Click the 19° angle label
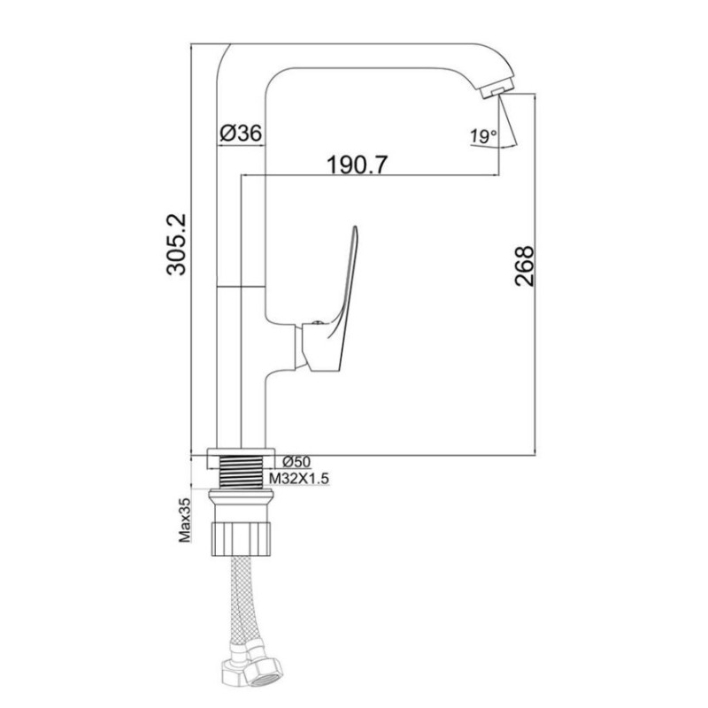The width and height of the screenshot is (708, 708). point(482,136)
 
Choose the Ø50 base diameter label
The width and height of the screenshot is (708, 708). point(295,462)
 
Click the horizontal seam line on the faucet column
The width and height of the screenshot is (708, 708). point(241,287)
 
